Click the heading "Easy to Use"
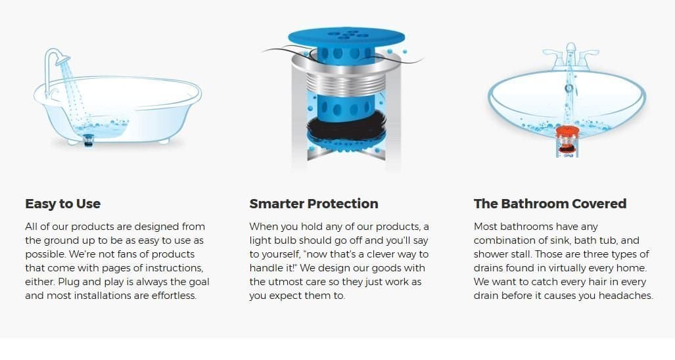pyautogui.click(x=62, y=204)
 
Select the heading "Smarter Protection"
pyautogui.click(x=314, y=204)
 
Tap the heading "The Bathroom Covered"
pyautogui.click(x=549, y=204)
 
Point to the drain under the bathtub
pyautogui.click(x=89, y=138)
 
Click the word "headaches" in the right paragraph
pyautogui.click(x=628, y=296)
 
